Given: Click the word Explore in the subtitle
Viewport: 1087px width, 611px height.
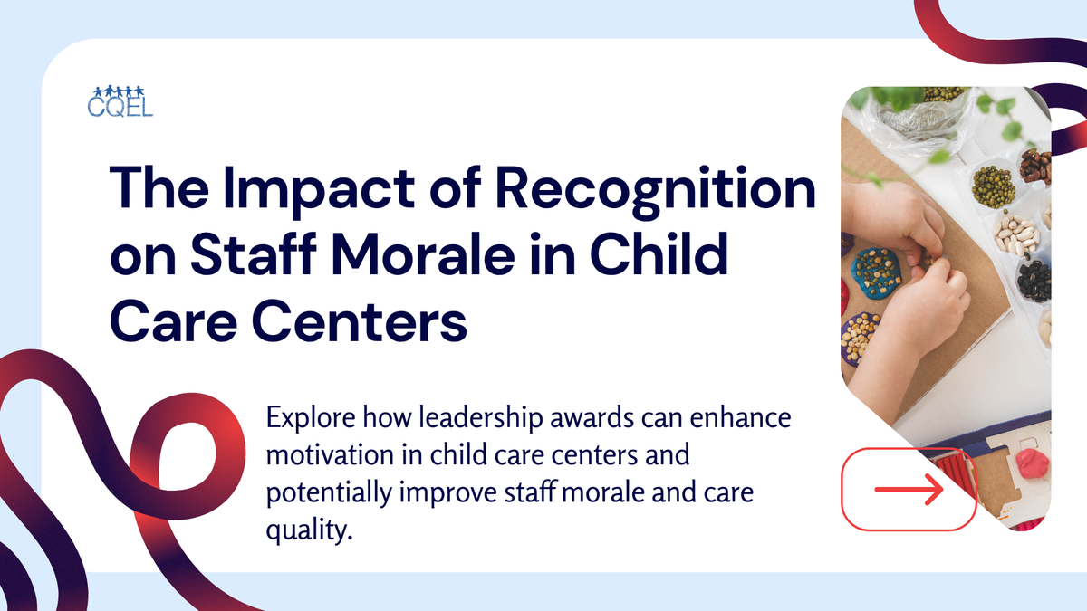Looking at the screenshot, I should tap(307, 419).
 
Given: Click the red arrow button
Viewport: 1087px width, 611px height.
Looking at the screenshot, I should tap(909, 490).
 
